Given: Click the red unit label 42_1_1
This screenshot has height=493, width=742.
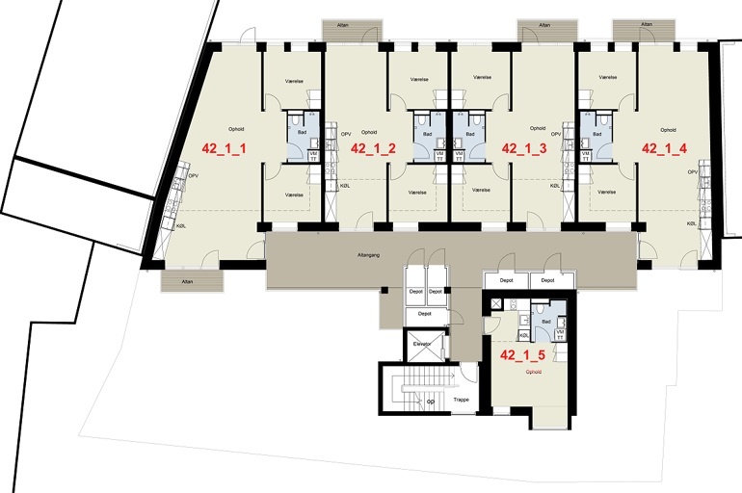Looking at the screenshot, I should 225,148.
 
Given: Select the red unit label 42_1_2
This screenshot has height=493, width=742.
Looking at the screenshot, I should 374,148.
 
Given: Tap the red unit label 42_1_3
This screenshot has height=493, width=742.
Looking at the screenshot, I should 524,148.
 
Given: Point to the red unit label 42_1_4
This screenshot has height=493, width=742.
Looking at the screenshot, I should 664,148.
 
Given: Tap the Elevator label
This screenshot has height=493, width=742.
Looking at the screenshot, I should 421,343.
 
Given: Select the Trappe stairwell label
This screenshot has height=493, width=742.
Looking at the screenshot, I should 461,400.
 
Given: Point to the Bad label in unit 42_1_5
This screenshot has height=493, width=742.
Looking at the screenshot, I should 546,321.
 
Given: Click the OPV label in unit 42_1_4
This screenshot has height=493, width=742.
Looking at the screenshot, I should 692,171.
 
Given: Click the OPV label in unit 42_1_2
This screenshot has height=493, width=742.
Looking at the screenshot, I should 345,135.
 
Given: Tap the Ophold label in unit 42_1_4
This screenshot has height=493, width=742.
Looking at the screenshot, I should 668,129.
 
